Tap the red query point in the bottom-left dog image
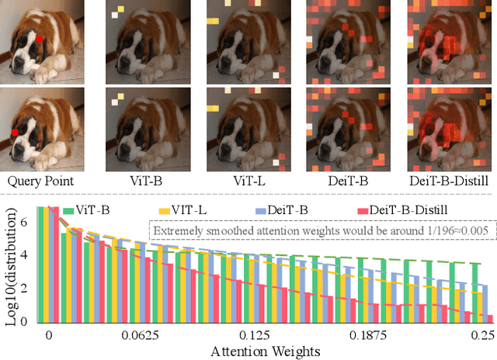pos(15,133)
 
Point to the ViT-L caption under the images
pos(248,181)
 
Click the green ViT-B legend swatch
pos(69,209)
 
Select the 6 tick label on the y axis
pos(26,221)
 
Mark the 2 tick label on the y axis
pos(26,288)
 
